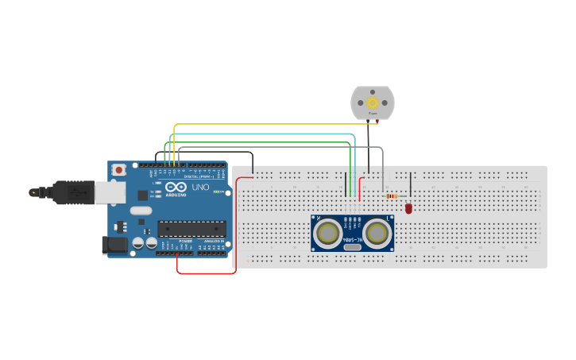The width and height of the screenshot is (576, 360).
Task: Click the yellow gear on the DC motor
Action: (373, 103)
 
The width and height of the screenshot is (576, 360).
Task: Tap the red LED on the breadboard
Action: (408, 208)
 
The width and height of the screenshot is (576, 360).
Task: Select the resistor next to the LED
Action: (391, 195)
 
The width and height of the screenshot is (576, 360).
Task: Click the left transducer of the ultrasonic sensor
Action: (327, 233)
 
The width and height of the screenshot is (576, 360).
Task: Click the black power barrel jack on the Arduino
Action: (115, 246)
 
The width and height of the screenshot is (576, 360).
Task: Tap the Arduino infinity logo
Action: (176, 186)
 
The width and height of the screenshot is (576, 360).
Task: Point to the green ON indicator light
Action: (215, 192)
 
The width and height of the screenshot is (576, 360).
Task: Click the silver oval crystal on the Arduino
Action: (140, 211)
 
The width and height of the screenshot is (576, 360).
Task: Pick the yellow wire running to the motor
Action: (262, 124)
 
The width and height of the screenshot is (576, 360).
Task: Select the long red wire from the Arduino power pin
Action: (207, 273)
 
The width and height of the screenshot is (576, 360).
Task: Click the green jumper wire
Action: (262, 143)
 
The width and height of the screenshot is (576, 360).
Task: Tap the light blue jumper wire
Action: (262, 137)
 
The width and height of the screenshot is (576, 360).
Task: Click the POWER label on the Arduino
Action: (184, 242)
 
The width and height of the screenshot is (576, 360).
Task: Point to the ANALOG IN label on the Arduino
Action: (213, 242)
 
